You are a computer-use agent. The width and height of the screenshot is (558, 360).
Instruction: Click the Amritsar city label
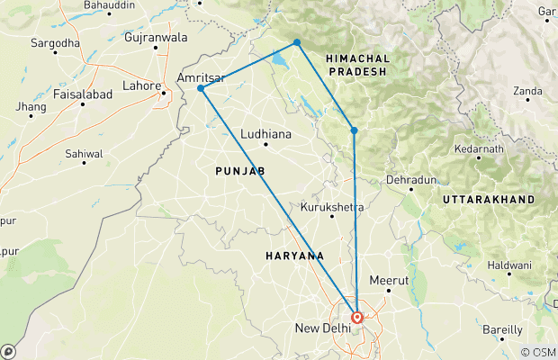200,79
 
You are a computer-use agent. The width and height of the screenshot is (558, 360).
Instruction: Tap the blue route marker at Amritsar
201,88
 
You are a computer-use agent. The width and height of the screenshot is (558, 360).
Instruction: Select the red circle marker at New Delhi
357,317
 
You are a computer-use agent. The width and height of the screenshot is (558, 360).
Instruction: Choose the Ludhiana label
266,133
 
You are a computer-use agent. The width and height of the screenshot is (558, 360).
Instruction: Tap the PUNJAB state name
238,170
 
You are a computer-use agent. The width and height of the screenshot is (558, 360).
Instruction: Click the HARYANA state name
294,256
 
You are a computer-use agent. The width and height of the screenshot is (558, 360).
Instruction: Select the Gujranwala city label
157,38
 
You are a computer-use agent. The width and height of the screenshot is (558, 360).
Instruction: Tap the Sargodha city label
57,42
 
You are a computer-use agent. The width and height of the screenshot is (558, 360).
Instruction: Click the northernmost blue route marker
296,42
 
